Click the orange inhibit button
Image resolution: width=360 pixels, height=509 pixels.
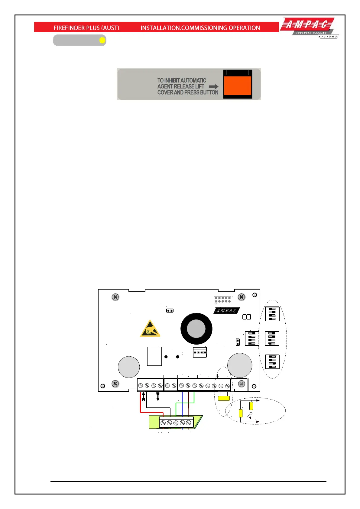[x=238, y=85]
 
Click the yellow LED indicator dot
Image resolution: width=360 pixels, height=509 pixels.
[x=102, y=40]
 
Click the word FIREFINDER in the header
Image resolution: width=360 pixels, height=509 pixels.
[x=69, y=28]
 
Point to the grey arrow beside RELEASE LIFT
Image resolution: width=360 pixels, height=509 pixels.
[x=213, y=86]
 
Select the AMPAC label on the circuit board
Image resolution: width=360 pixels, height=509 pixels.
[x=227, y=310]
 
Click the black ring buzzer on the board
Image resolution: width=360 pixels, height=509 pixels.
[x=196, y=329]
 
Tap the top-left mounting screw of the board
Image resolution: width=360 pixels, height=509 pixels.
[x=115, y=297]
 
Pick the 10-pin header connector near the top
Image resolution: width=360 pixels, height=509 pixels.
[x=222, y=300]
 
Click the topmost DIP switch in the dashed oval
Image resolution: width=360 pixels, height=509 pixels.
[x=272, y=314]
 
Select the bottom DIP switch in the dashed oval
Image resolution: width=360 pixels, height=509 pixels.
[x=272, y=362]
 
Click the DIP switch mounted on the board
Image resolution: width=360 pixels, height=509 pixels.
[x=251, y=339]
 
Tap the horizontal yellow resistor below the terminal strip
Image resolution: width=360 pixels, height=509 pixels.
[x=224, y=398]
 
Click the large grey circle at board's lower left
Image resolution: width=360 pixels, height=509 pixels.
[x=129, y=367]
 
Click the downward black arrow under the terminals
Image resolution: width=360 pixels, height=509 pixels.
[x=158, y=396]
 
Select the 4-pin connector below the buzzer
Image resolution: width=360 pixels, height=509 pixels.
[x=200, y=352]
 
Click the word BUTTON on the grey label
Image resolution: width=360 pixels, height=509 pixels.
[x=209, y=92]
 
